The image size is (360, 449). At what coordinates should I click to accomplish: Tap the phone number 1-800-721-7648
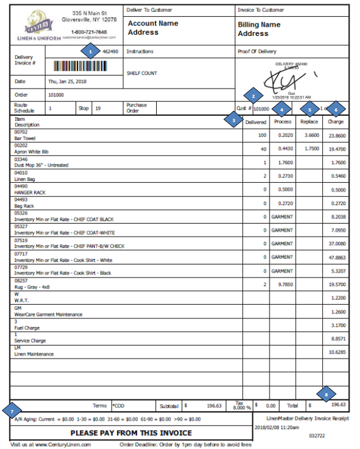click(89, 32)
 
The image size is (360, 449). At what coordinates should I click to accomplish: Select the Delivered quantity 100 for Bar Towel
click(262, 134)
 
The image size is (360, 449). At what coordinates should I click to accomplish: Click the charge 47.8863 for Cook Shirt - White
click(337, 257)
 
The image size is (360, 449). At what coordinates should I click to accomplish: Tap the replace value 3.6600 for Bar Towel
click(309, 134)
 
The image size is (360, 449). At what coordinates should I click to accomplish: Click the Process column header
click(283, 121)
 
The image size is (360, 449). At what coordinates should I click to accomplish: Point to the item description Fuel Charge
click(28, 328)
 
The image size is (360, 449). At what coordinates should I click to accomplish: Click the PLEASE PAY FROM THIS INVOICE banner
click(130, 433)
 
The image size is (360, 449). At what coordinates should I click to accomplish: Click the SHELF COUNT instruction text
click(143, 73)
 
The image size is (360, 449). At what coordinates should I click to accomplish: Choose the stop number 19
click(98, 108)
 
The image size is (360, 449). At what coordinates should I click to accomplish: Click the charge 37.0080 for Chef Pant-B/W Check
click(337, 243)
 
